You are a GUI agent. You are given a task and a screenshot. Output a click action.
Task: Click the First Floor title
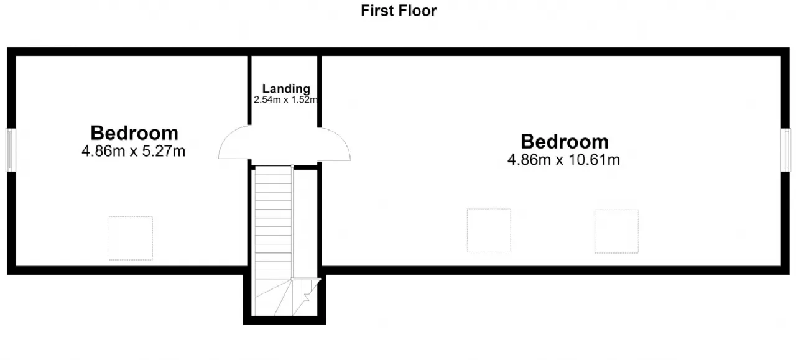[x=399, y=11]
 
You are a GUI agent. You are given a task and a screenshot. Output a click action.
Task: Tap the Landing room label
[x=286, y=88]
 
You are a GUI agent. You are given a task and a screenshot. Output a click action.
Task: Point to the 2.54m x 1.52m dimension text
[x=285, y=100]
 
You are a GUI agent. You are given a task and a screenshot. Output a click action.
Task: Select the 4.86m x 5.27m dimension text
[x=133, y=151]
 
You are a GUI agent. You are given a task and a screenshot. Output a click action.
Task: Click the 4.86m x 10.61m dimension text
[x=563, y=160]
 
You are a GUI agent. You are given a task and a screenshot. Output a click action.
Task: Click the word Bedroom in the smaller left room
[x=134, y=133]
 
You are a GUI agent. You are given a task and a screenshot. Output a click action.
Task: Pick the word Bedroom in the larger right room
[x=565, y=141]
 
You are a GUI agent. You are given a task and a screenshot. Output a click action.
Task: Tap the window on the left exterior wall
[x=11, y=150]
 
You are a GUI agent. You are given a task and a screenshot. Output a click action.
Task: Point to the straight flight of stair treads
[x=273, y=222]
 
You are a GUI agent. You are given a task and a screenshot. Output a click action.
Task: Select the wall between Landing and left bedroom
[x=249, y=90]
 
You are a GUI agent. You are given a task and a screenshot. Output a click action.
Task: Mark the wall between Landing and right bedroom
[x=320, y=91]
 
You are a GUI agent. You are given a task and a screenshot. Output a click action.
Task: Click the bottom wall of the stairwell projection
[x=284, y=320]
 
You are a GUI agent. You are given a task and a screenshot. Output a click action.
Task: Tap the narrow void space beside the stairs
[x=305, y=223]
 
